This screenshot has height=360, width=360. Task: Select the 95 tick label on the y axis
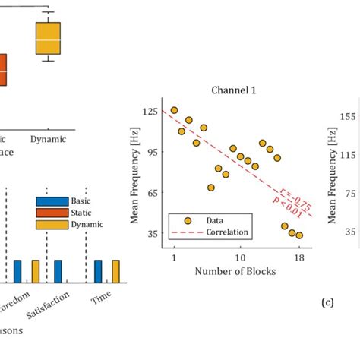[x=152, y=152]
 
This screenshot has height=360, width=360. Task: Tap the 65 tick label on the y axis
[x=152, y=193]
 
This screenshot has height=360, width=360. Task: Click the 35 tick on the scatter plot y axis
[x=152, y=234]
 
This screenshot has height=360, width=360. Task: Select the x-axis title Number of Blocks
[x=235, y=271]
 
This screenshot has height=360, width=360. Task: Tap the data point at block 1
[x=174, y=110]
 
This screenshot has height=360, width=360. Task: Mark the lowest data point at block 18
[x=299, y=235]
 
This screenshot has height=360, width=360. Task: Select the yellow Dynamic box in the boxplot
[x=49, y=39]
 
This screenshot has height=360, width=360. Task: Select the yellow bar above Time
[x=115, y=270]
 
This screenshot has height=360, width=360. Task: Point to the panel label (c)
[x=327, y=302]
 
